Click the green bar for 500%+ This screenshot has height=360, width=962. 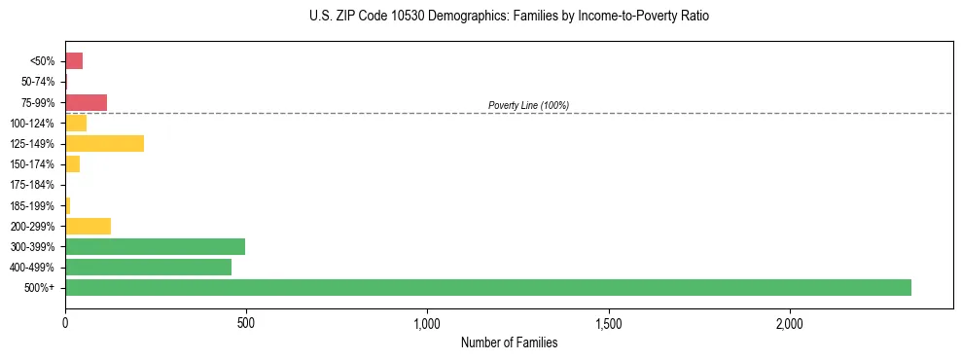click(487, 287)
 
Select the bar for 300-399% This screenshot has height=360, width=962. click(155, 246)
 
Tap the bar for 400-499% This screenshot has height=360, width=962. click(148, 267)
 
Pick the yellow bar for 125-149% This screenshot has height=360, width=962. click(104, 143)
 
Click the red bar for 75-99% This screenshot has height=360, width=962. click(86, 102)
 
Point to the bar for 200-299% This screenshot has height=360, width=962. click(88, 226)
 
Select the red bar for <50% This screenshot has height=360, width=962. click(74, 61)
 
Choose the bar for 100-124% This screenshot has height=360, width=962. click(76, 123)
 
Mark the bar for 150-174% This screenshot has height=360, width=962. click(72, 163)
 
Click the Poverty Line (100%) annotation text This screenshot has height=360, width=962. click(528, 105)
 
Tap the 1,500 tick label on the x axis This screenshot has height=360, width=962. click(608, 322)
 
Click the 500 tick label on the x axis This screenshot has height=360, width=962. click(246, 322)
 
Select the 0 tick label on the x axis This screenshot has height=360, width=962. click(65, 322)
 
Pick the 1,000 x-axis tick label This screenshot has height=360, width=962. click(427, 322)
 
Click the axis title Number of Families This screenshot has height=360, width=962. click(509, 342)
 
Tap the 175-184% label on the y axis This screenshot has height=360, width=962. click(32, 185)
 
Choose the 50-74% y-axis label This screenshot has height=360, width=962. click(37, 82)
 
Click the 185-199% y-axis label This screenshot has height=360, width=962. click(32, 205)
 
